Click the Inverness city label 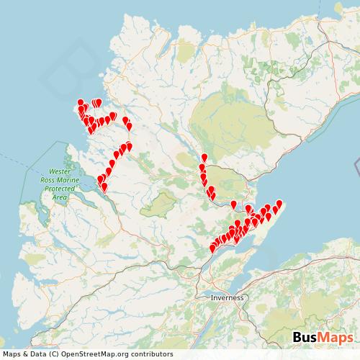tap(228, 297)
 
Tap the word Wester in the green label tap(59, 172)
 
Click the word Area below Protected tap(59, 196)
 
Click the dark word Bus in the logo tap(307, 338)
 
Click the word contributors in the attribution tap(149, 354)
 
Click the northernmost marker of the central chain tap(204, 158)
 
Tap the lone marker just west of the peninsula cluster tap(233, 205)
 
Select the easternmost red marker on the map tap(279, 204)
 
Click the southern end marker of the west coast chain tap(104, 187)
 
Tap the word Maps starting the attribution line tap(12, 354)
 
